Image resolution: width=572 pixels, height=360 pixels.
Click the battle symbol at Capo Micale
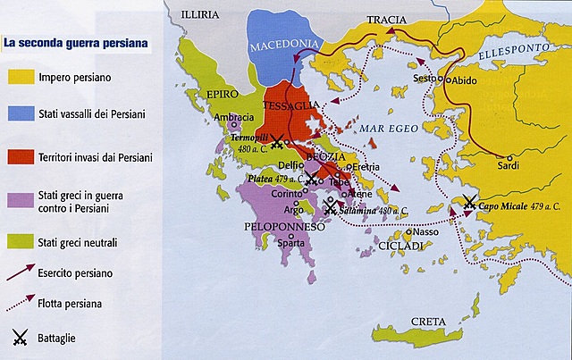[x=469, y=204]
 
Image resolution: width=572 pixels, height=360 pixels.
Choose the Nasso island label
[x=426, y=232]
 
